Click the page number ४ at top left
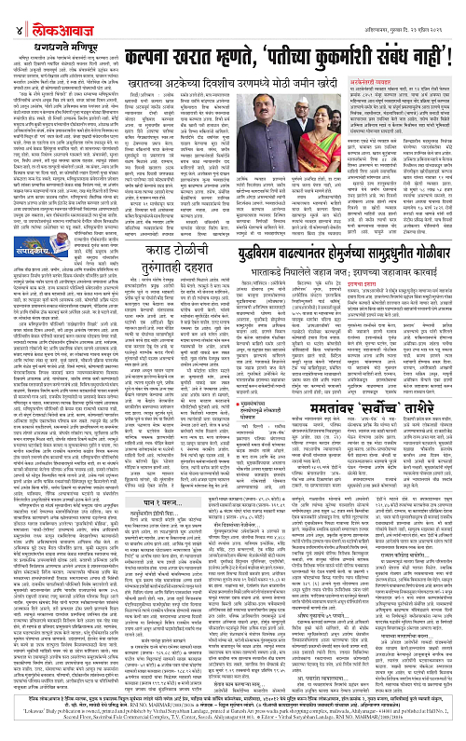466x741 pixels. [9, 10]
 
